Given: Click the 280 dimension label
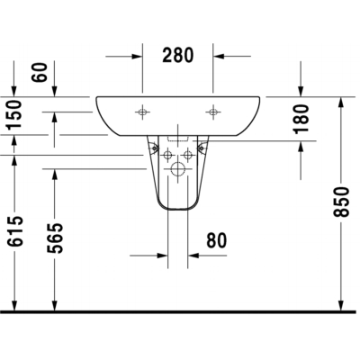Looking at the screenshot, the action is click(178, 56).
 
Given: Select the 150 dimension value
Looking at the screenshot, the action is click(14, 114).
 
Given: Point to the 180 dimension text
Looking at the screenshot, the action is click(301, 119).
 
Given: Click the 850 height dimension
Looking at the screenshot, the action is click(341, 202).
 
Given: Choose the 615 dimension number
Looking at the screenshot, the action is click(15, 231).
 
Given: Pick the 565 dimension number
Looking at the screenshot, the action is click(55, 238).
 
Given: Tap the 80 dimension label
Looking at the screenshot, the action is click(217, 240).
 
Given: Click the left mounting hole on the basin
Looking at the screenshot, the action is click(142, 112).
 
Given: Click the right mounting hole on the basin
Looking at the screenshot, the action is click(213, 112).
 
